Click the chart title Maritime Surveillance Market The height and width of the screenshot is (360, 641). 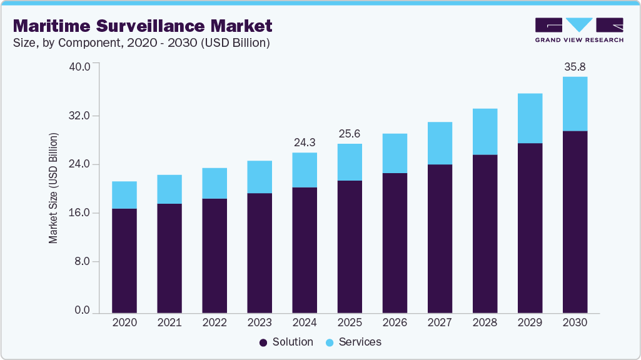[143, 26]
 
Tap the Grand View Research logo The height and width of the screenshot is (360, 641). [578, 29]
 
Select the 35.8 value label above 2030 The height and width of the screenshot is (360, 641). [575, 66]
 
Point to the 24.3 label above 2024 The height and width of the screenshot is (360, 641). [305, 142]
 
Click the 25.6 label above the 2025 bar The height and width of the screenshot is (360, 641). [350, 134]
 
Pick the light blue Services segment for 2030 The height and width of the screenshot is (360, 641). [575, 104]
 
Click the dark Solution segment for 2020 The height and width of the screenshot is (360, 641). [124, 260]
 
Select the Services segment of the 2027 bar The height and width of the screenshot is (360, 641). [440, 143]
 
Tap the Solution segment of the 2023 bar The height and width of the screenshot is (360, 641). [260, 252]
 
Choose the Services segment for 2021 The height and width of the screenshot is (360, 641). [169, 189]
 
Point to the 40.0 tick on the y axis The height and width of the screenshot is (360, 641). [83, 67]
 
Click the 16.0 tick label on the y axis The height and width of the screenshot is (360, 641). [83, 213]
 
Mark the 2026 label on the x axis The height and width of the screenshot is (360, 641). [395, 322]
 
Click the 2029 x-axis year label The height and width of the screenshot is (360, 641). [530, 322]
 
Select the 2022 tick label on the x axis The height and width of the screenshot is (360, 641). [215, 322]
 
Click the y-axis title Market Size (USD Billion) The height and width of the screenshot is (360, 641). [54, 188]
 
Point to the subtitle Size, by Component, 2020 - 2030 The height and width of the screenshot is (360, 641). [141, 42]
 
